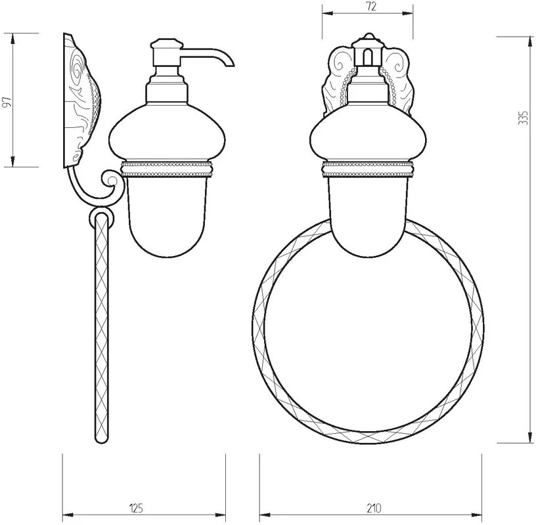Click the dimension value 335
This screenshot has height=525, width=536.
point(523,117)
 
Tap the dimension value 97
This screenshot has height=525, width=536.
point(7,102)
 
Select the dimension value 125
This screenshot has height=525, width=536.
point(136,508)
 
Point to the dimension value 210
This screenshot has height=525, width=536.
point(374,508)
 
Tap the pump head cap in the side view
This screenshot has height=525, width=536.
point(167,44)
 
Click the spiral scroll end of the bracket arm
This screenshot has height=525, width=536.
point(111,179)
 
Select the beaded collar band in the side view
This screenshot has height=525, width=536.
point(166,170)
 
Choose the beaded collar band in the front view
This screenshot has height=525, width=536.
point(368,170)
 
